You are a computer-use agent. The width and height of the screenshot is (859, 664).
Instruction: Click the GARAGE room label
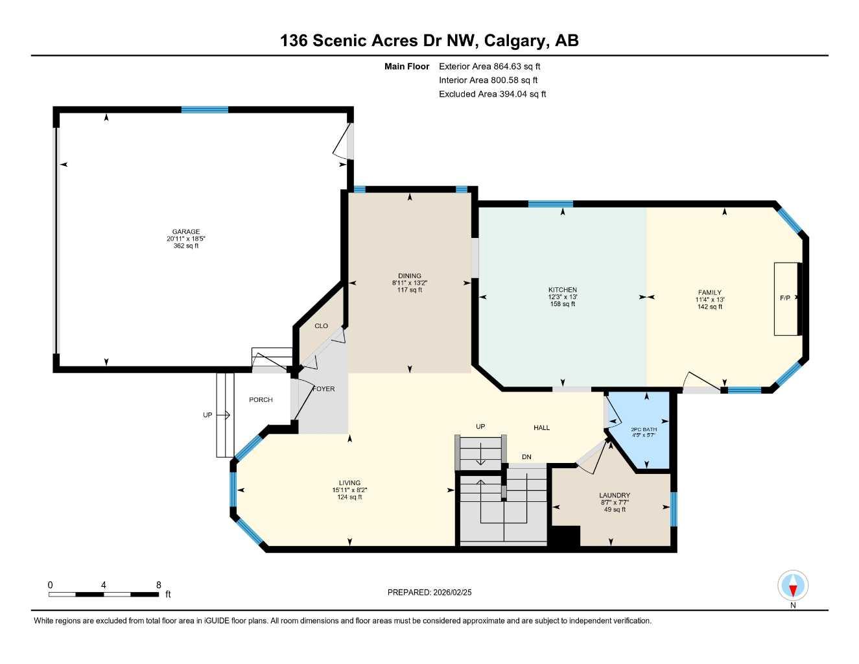[186, 232]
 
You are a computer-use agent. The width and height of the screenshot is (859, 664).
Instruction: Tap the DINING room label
[410, 276]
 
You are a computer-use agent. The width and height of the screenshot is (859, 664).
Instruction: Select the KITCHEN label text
[562, 290]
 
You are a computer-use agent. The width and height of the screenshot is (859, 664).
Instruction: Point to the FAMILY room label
[709, 293]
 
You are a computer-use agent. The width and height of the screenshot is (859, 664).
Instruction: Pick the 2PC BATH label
[644, 429]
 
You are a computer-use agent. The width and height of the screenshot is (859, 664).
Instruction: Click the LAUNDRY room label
[614, 496]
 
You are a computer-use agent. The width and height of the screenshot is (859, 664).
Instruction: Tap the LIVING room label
[349, 483]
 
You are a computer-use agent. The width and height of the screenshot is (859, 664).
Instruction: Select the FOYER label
[324, 389]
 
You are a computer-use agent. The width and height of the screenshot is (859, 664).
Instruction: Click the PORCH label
[261, 400]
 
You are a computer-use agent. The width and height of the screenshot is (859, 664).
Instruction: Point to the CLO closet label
[321, 326]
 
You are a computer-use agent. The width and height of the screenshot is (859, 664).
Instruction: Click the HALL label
[541, 428]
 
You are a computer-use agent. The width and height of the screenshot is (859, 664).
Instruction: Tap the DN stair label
[526, 457]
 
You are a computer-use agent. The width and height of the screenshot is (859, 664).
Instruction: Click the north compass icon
[792, 586]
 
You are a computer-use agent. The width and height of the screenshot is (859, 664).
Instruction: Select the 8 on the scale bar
[159, 585]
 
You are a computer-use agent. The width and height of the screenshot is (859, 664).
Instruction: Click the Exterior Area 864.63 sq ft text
[489, 66]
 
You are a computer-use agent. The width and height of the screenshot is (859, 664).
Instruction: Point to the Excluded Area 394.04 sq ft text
[492, 94]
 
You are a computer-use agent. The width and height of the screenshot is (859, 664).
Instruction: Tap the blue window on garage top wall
[205, 110]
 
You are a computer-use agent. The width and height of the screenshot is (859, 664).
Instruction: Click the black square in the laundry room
[564, 538]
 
